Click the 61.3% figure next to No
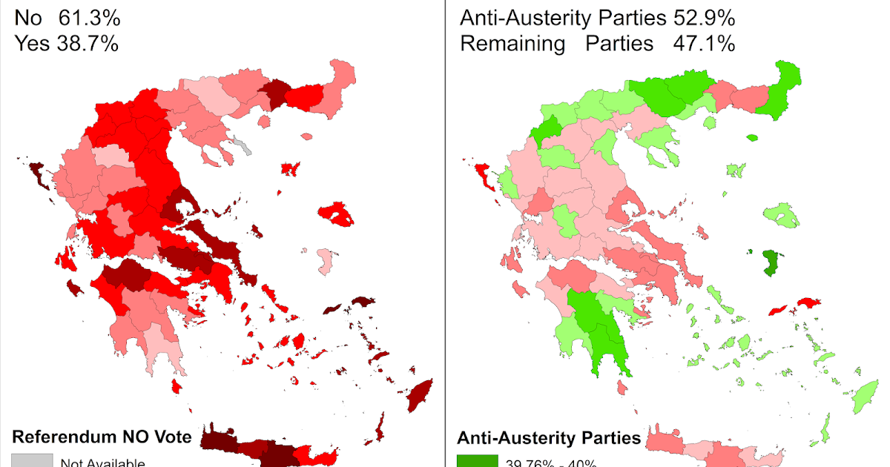(x=90, y=19)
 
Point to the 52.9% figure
(x=704, y=19)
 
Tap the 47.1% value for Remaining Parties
(x=705, y=44)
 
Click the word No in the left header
(x=28, y=19)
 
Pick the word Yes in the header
(x=31, y=44)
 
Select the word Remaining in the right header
(x=512, y=44)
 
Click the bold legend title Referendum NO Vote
(x=102, y=437)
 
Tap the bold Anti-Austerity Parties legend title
(x=549, y=437)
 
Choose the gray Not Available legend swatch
(x=31, y=460)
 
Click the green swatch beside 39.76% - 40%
(x=477, y=461)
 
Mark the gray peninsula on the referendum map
(x=243, y=145)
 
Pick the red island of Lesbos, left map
(x=340, y=215)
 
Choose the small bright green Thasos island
(x=753, y=137)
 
